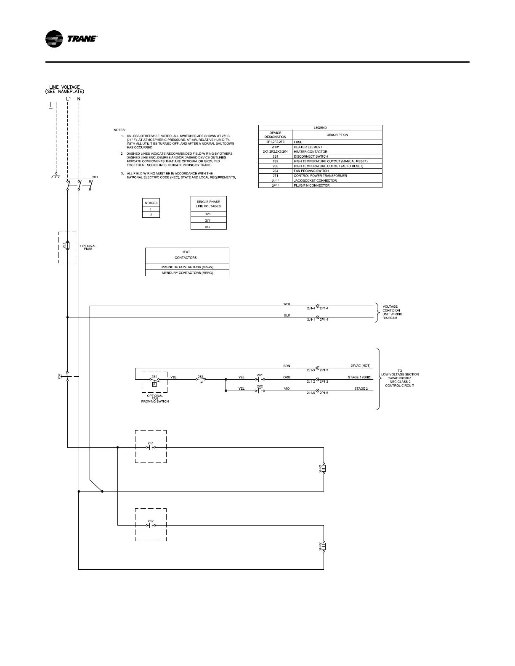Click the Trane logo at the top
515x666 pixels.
click(x=71, y=40)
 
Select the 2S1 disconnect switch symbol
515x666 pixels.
click(x=79, y=185)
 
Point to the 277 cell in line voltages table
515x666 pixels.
click(x=208, y=220)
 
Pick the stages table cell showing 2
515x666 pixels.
click(x=151, y=215)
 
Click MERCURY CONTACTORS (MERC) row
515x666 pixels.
click(x=187, y=273)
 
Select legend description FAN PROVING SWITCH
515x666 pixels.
click(x=311, y=171)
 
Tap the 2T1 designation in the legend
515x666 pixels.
click(x=275, y=176)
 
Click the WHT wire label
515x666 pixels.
click(x=287, y=304)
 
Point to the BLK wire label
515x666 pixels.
click(x=287, y=315)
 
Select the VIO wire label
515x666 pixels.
click(x=287, y=389)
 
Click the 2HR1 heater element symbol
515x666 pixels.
click(x=324, y=468)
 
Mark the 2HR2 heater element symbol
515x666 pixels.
click(x=324, y=547)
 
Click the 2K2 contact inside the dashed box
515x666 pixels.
click(x=151, y=525)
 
